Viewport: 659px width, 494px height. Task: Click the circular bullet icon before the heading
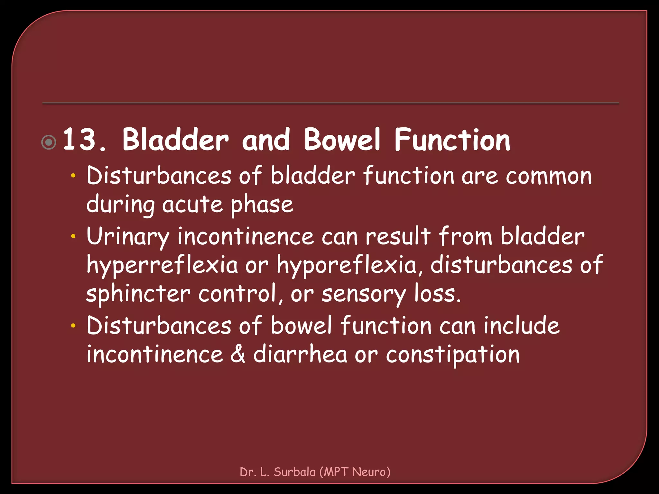pyautogui.click(x=49, y=142)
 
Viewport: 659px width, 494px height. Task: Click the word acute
pyautogui.click(x=192, y=205)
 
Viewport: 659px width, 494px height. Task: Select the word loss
pyautogui.click(x=437, y=294)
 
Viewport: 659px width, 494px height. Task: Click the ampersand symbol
pyautogui.click(x=238, y=354)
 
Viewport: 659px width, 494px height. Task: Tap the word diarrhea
pyautogui.click(x=300, y=354)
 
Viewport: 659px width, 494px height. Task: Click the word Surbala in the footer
pyautogui.click(x=294, y=472)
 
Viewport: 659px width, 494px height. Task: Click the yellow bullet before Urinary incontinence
pyautogui.click(x=73, y=236)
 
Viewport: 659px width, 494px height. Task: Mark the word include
pyautogui.click(x=521, y=325)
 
